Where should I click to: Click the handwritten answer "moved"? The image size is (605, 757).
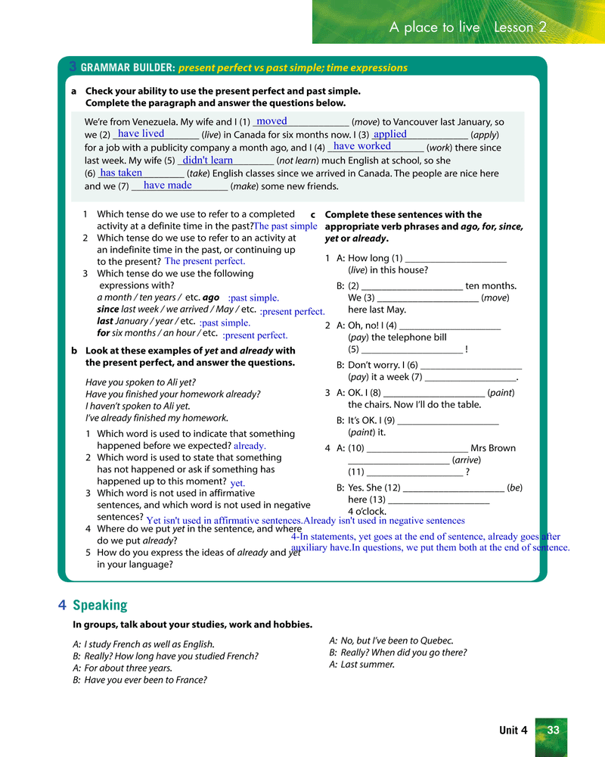coord(271,121)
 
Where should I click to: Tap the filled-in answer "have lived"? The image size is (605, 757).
coord(141,134)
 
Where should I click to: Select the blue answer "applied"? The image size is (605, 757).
coord(390,134)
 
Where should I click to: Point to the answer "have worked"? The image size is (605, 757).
coord(362,146)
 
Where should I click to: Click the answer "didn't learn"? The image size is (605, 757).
coord(208,160)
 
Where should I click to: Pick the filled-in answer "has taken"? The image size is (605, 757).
coord(121,173)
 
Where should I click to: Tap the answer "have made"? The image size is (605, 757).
coord(168,185)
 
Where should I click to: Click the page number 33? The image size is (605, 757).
coord(553,730)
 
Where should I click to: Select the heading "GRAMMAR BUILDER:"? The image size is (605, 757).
coord(128,67)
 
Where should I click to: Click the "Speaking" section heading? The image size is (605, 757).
coord(100,605)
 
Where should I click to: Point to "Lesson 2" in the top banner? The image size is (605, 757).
coord(520,27)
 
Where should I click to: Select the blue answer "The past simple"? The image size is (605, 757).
coord(285,226)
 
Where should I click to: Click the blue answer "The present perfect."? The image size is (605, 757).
coord(205,262)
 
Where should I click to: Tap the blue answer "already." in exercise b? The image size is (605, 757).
coord(250,447)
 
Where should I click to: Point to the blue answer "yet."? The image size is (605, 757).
coord(237,482)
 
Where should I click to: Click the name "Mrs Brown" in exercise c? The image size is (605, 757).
coord(493,448)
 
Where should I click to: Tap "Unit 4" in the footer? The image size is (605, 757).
coord(513,731)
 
